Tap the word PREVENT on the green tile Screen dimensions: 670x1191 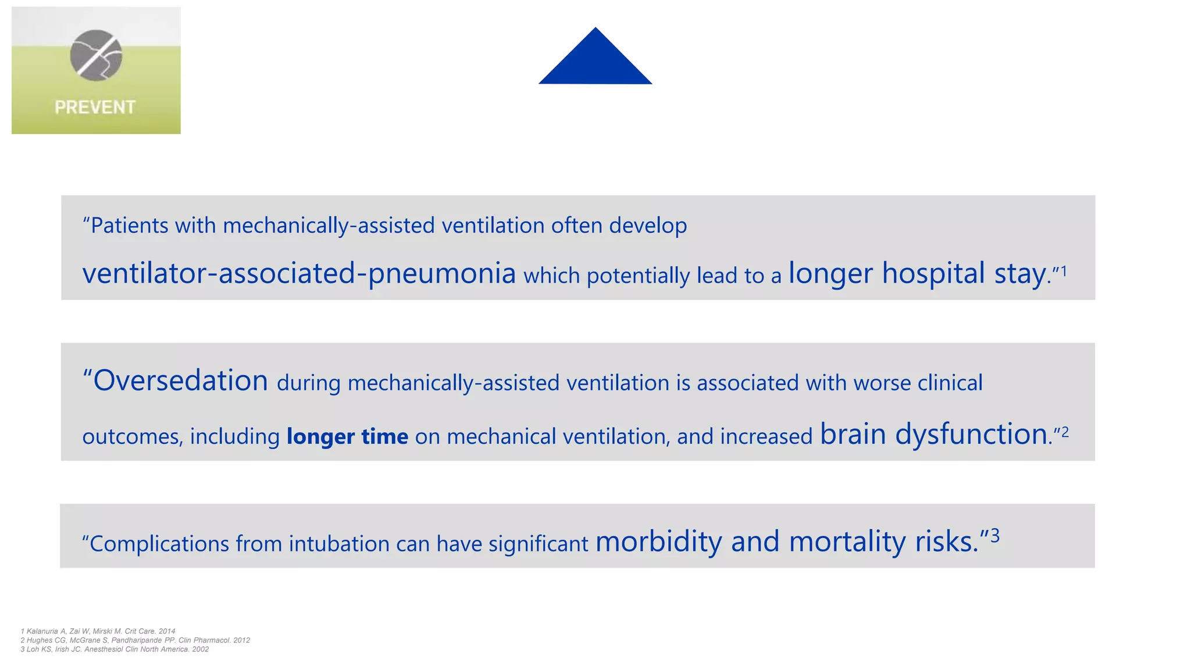pyautogui.click(x=95, y=107)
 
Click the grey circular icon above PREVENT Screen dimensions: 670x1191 pyautogui.click(x=96, y=55)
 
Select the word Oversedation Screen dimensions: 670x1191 pyautogui.click(x=180, y=381)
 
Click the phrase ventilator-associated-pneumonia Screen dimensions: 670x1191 pyautogui.click(x=299, y=273)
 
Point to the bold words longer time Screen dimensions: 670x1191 pyautogui.click(x=347, y=436)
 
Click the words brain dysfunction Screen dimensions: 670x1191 pyautogui.click(x=934, y=434)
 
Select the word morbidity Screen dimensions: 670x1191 pyautogui.click(x=659, y=541)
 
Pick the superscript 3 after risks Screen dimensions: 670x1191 pyautogui.click(x=995, y=535)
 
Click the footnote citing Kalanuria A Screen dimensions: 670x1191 pyautogui.click(x=98, y=631)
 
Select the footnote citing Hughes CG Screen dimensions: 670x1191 pyautogui.click(x=135, y=640)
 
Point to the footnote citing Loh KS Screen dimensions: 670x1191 pyautogui.click(x=115, y=650)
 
